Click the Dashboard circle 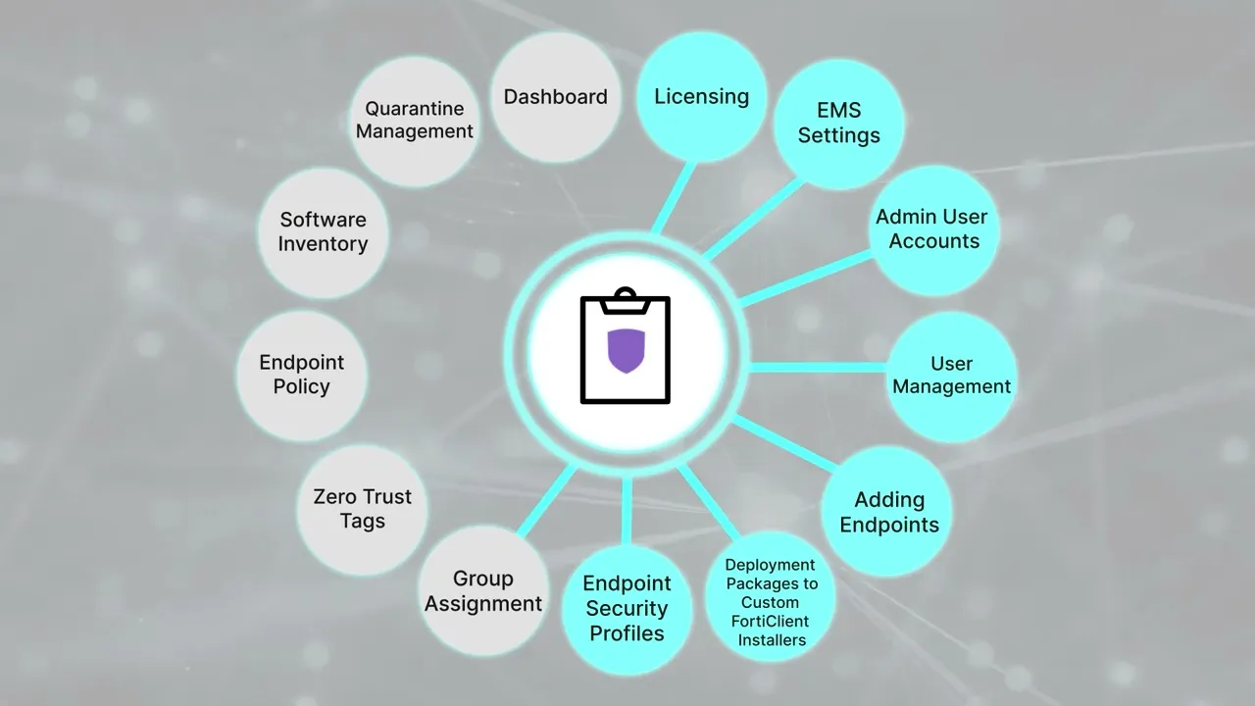tap(555, 97)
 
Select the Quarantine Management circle tap(415, 121)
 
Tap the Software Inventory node tap(323, 232)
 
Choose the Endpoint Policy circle tap(301, 375)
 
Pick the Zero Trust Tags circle tap(362, 509)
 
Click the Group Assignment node tap(483, 591)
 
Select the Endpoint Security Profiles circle tap(627, 609)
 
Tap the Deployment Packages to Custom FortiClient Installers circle tap(771, 602)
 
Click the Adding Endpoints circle tap(888, 512)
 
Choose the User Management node tap(951, 376)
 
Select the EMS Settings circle tap(838, 124)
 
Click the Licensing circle tap(701, 97)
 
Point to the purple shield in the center tap(626, 351)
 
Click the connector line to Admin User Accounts tap(804, 279)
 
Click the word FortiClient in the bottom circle tap(772, 621)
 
